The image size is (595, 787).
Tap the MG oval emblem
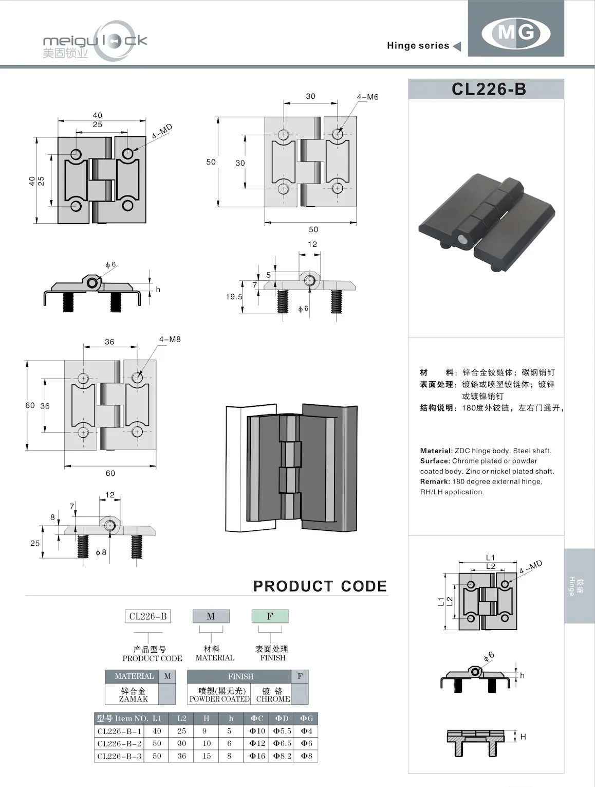click(516, 33)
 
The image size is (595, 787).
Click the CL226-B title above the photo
click(489, 90)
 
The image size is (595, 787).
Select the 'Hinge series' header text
click(418, 46)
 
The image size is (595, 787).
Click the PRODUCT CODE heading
click(320, 586)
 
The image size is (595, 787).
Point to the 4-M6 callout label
click(367, 97)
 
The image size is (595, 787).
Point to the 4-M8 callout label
click(170, 339)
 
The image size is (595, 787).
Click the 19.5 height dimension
click(234, 297)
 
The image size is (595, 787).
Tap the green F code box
click(270, 616)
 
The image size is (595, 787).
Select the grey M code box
click(211, 616)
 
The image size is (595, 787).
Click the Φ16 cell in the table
click(257, 756)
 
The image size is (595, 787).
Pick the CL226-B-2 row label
click(119, 743)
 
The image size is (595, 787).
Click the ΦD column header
click(282, 719)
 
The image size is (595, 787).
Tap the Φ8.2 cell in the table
click(282, 756)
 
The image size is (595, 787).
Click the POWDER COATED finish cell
click(219, 695)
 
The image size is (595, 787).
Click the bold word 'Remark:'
click(435, 481)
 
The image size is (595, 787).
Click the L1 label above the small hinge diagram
click(490, 558)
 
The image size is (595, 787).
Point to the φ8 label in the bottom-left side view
click(101, 552)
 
